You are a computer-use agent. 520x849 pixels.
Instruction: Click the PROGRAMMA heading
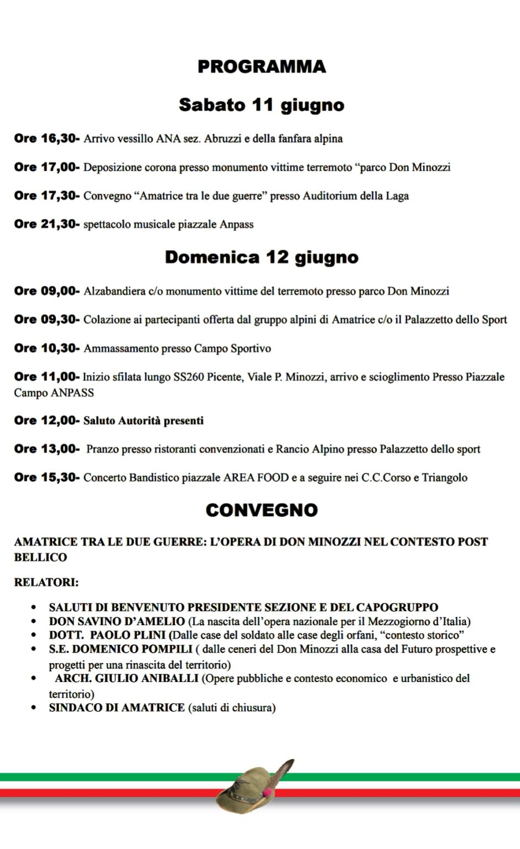(x=262, y=66)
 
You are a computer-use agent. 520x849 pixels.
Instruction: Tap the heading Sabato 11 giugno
(x=262, y=104)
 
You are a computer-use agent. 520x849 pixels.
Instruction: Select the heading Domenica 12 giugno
(x=262, y=257)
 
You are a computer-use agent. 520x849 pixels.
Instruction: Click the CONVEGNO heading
(x=262, y=510)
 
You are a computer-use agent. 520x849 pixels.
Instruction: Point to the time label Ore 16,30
(x=46, y=138)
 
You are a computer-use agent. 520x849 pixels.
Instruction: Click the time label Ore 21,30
(x=46, y=224)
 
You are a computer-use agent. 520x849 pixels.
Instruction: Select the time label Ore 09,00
(x=46, y=291)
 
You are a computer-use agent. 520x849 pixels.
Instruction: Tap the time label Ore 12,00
(x=46, y=420)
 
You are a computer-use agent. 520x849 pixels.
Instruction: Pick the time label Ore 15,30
(x=46, y=477)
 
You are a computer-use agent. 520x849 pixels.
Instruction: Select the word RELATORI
(x=45, y=582)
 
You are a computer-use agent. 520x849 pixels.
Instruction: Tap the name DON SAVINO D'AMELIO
(x=117, y=621)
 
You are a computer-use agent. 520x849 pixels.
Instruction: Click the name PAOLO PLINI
(x=128, y=635)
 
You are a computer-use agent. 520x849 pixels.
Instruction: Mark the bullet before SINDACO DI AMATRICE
(x=34, y=707)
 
